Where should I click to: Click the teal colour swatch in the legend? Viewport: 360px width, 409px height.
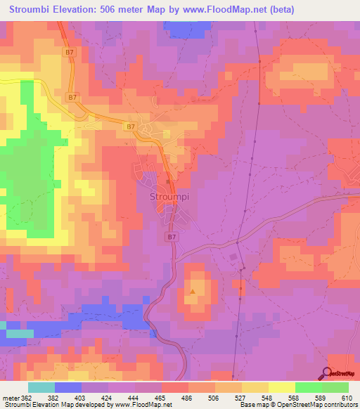click(x=41, y=387)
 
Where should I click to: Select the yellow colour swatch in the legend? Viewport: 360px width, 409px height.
click(x=281, y=387)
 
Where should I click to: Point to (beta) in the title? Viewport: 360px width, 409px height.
click(x=279, y=9)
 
